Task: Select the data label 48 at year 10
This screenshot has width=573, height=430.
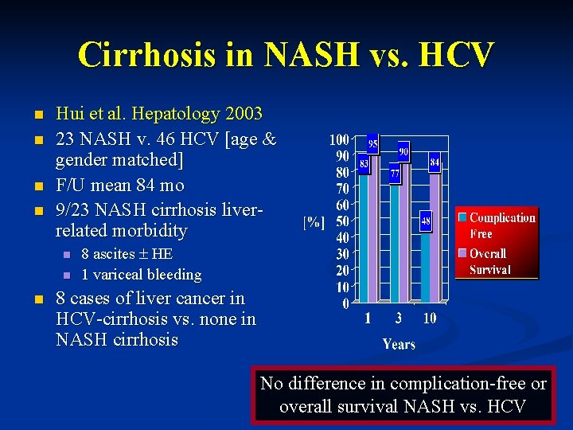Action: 426,221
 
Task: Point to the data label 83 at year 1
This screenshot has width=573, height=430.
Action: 364,164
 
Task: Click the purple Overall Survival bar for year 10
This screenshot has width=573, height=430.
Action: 435,239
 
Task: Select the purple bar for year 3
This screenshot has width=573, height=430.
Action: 404,231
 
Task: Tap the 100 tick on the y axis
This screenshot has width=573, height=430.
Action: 339,140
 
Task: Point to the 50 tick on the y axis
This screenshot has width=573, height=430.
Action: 341,221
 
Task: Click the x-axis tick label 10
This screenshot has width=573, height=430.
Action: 429,319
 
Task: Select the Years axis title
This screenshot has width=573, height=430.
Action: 399,344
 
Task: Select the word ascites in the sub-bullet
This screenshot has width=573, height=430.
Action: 115,254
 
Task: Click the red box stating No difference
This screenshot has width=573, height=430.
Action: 403,395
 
